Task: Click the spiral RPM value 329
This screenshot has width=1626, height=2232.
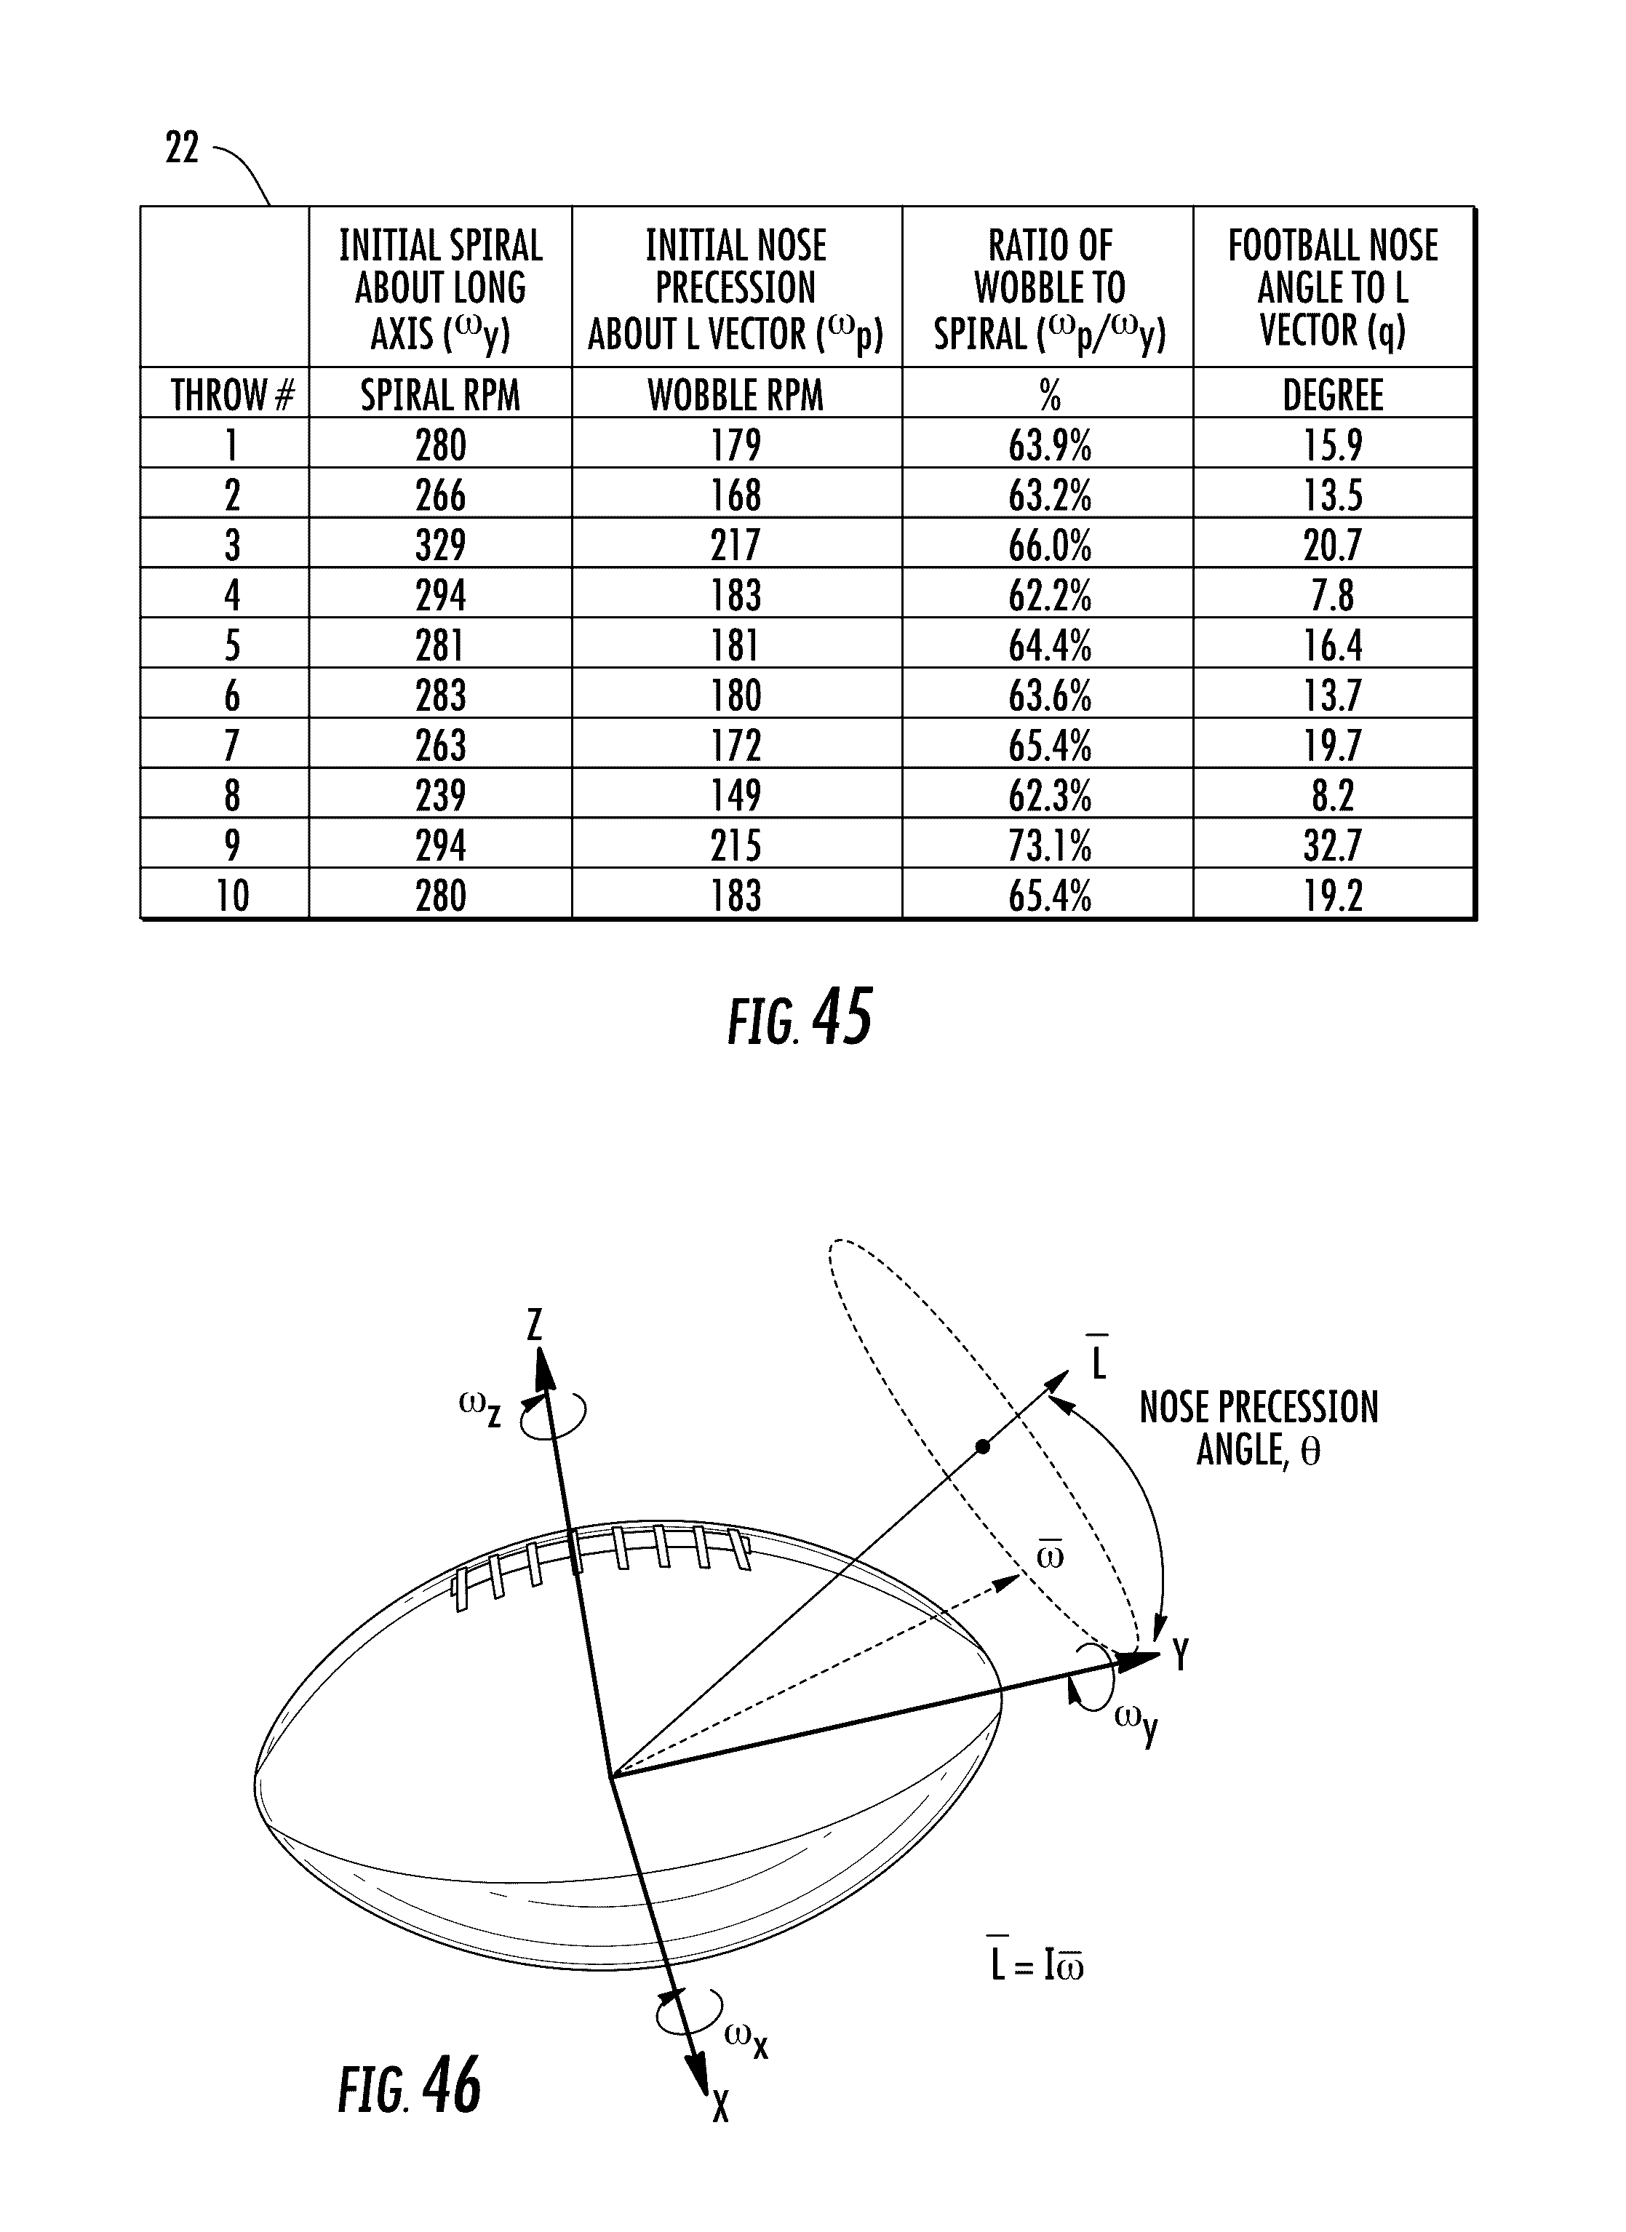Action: tap(440, 544)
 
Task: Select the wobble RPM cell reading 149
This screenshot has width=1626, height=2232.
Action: tap(736, 795)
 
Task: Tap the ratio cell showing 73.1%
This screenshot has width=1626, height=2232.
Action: tap(1049, 845)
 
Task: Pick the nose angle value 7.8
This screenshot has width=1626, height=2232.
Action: tap(1333, 594)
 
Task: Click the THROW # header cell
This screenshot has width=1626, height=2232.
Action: tap(232, 394)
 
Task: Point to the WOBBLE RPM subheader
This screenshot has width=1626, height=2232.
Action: tap(736, 394)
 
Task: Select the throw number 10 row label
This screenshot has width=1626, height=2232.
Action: tap(232, 896)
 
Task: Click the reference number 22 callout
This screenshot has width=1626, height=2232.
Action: tap(182, 148)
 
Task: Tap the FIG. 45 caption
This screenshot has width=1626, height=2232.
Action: tap(800, 1019)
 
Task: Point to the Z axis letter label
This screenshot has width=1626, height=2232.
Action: tap(535, 1325)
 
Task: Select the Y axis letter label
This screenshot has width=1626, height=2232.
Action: tap(1181, 1655)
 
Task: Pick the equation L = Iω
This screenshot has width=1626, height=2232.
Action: tap(1037, 1965)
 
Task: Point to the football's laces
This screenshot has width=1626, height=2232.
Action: tap(600, 1560)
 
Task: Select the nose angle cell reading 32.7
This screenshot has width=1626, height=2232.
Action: tap(1333, 845)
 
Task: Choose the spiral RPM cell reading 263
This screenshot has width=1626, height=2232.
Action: tap(440, 745)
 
